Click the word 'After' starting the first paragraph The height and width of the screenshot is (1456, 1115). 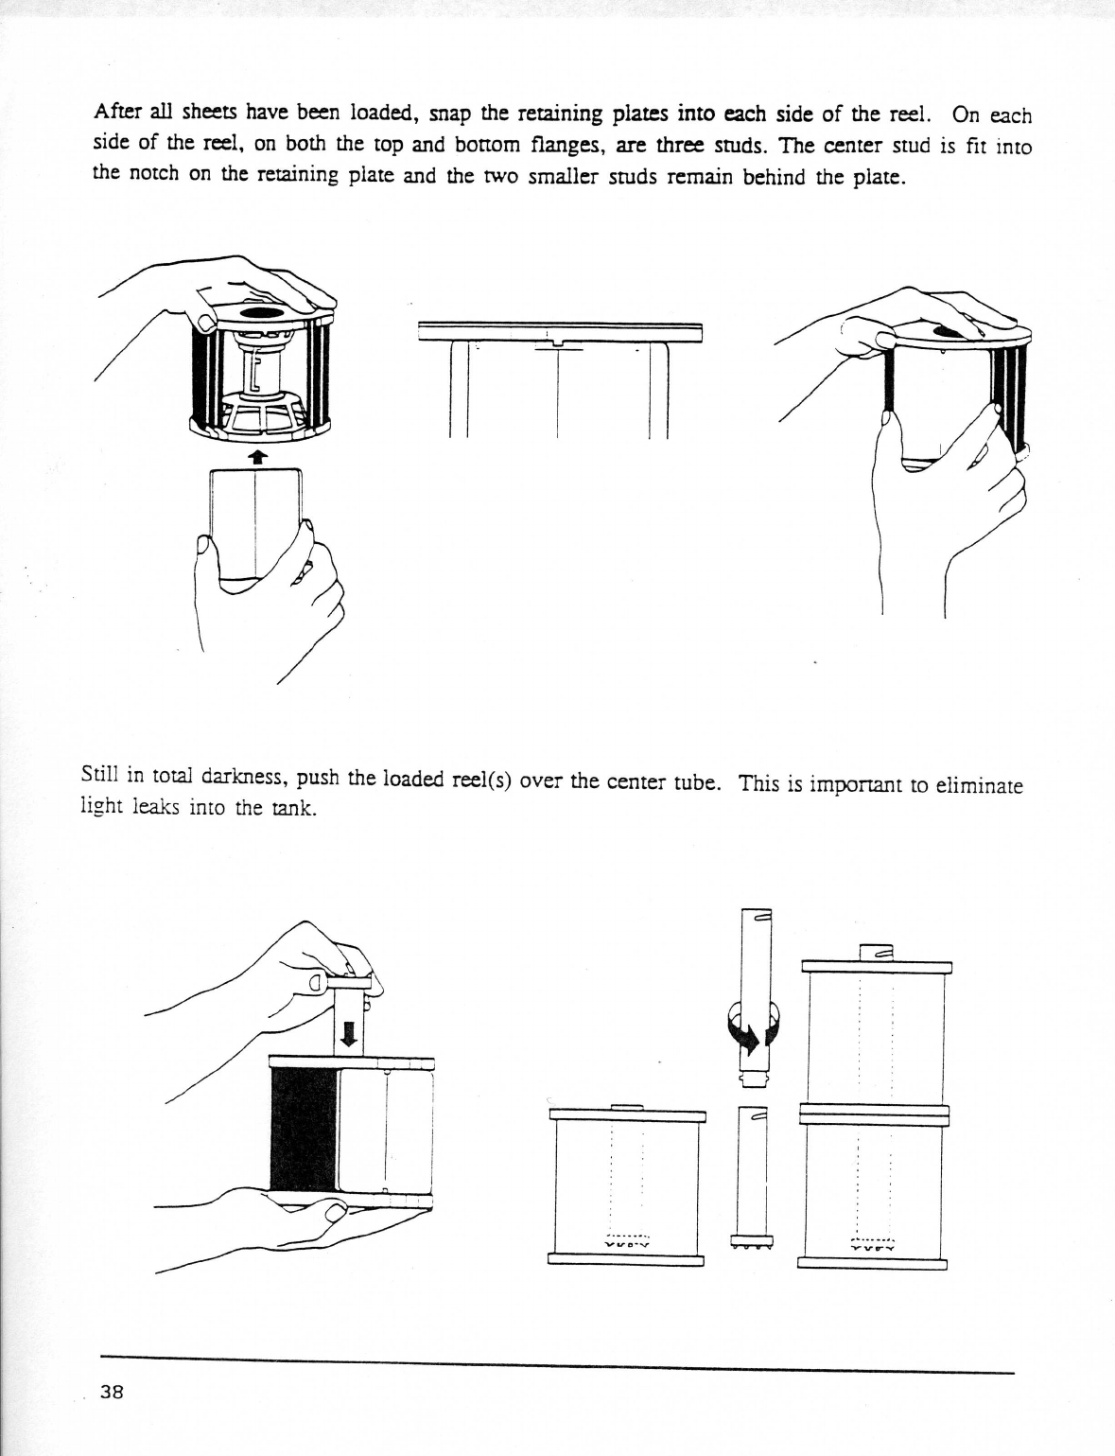click(117, 113)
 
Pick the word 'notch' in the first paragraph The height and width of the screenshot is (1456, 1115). click(152, 175)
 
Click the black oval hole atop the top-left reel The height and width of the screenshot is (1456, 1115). click(261, 312)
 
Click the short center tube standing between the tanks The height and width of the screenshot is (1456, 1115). click(751, 1173)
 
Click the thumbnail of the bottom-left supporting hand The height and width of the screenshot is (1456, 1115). click(334, 1213)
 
